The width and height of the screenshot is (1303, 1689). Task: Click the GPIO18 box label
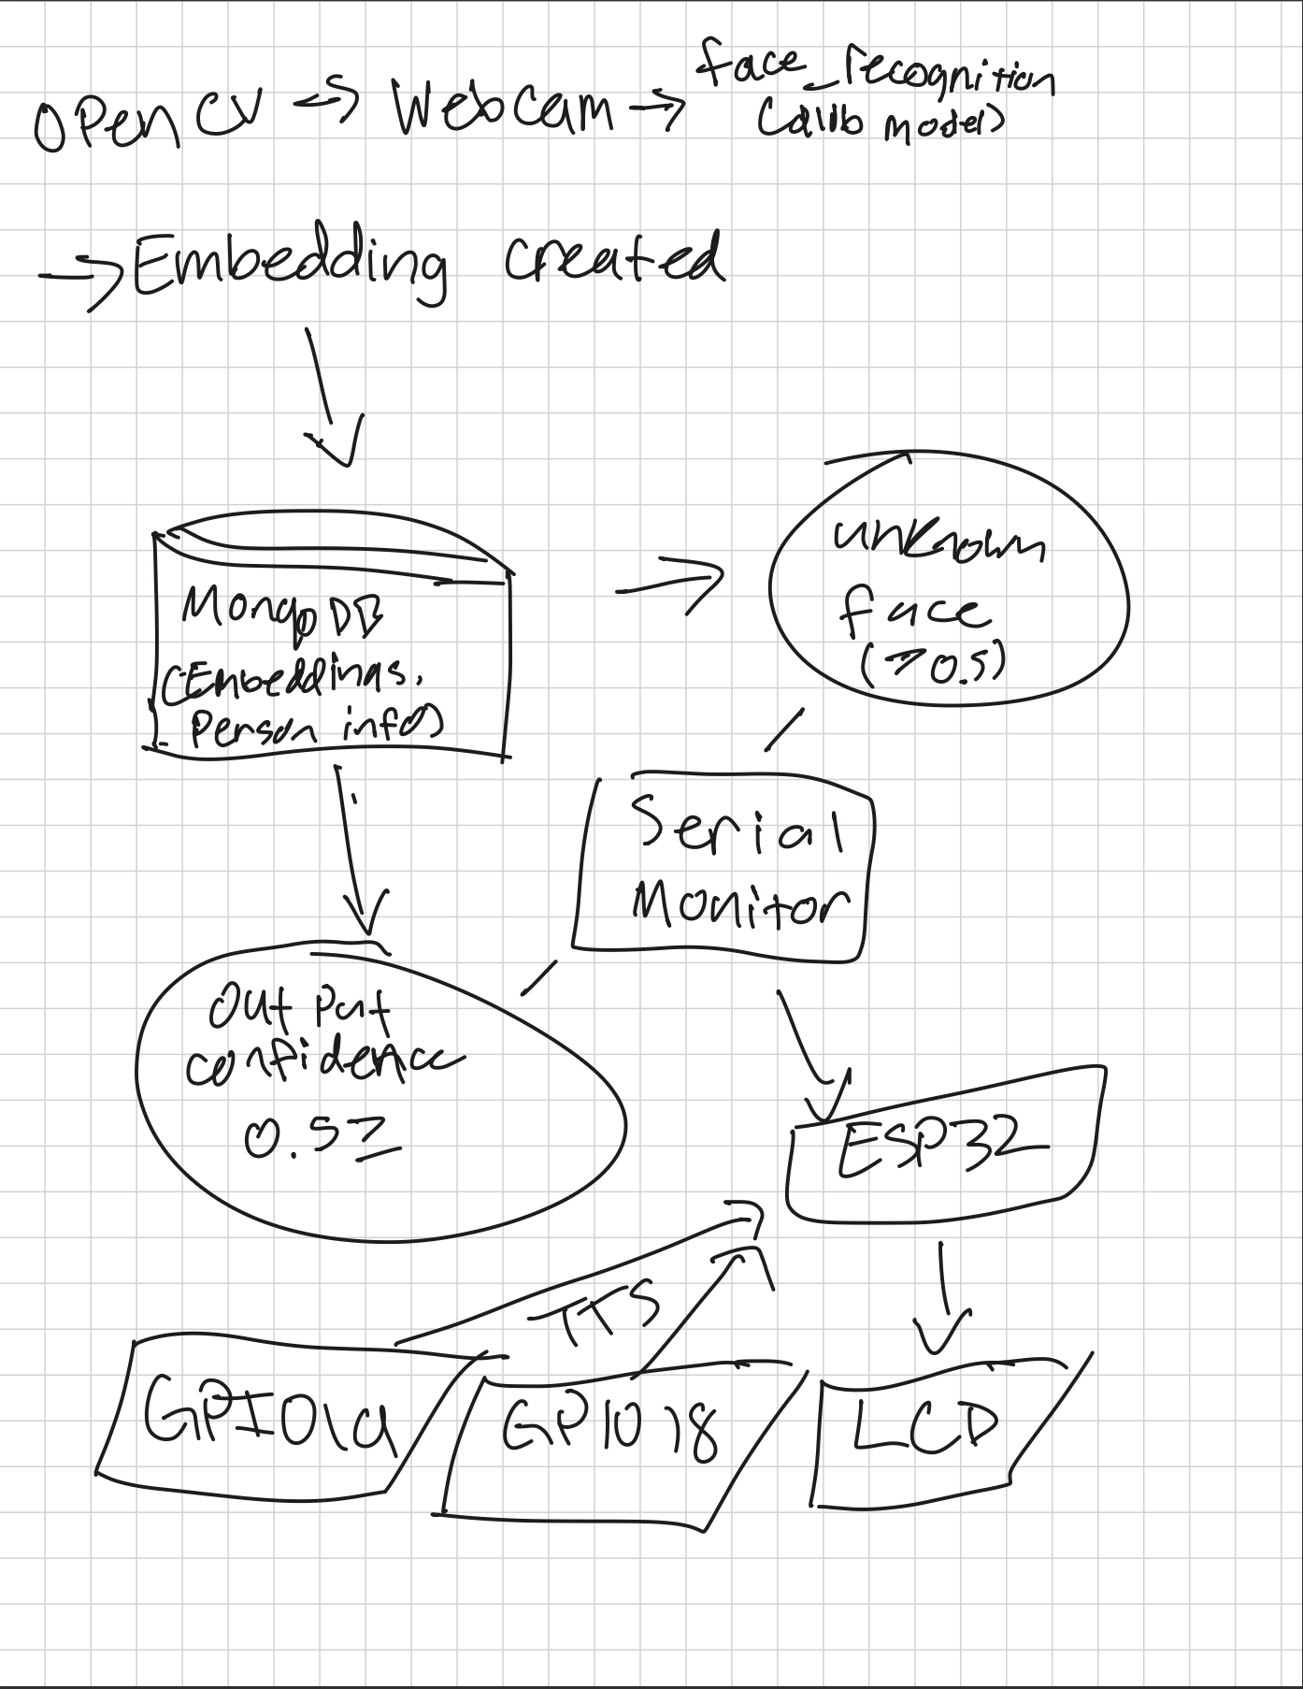click(611, 1430)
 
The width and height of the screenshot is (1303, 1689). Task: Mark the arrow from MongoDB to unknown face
click(669, 585)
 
